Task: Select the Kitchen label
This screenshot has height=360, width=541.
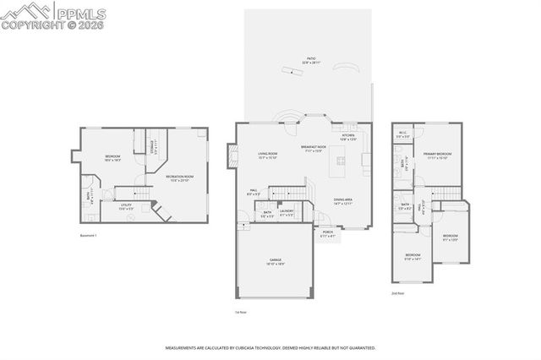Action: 348,136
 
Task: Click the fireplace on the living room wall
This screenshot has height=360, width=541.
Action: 229,154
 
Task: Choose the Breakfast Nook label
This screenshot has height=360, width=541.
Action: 313,148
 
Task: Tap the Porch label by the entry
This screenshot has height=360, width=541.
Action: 327,233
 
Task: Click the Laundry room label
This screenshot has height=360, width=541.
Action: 287,212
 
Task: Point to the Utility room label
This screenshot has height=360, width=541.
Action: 125,205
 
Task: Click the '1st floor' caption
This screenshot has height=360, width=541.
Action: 240,312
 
